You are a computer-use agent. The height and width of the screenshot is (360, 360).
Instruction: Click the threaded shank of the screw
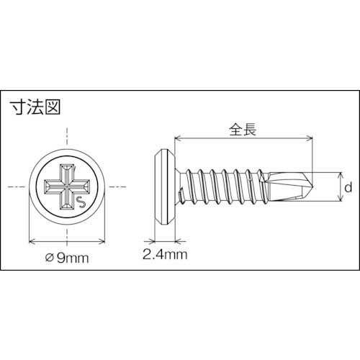[x=223, y=186]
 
